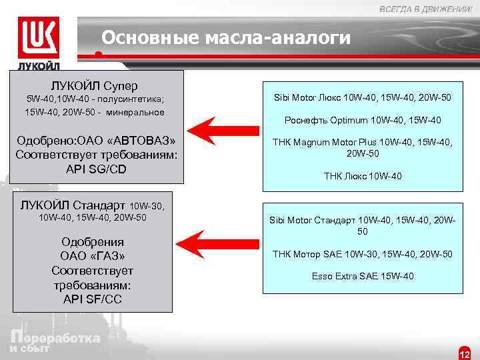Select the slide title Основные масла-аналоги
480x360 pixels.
point(225,38)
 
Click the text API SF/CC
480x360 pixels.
point(93,299)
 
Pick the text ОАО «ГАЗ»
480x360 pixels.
point(93,256)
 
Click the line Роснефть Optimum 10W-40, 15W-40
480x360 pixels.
point(363,121)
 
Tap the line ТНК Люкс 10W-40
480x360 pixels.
point(363,176)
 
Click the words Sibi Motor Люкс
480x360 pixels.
point(308,98)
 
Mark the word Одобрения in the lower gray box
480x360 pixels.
point(93,242)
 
